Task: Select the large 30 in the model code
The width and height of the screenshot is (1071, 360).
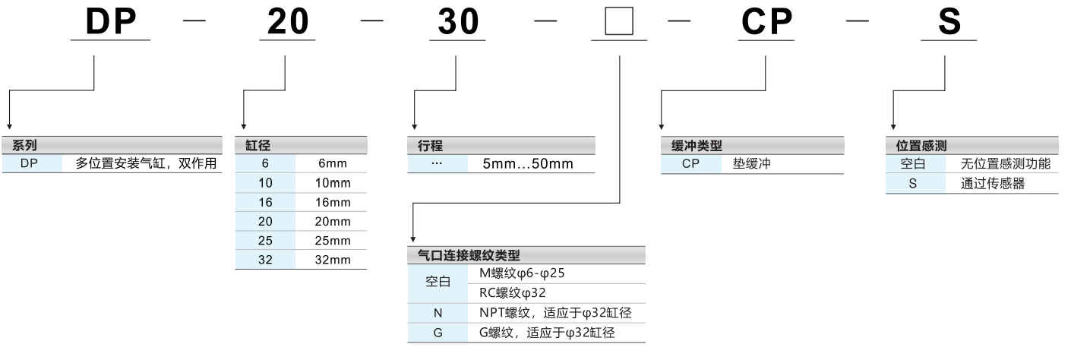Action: pos(460,22)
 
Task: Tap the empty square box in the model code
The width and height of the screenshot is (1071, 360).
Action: pos(620,22)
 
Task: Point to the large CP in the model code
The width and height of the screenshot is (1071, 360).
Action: pos(767,22)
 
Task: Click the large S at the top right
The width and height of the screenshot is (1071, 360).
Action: pos(949,22)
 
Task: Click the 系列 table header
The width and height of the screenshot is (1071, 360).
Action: pos(25,145)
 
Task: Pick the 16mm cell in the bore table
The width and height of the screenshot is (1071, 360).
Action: pos(333,202)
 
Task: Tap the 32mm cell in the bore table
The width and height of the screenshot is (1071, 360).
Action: pos(333,259)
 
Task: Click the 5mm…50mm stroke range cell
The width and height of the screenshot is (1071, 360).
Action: pos(528,164)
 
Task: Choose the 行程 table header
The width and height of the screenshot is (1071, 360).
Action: pos(430,145)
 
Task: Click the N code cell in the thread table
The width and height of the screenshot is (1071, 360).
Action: pos(438,313)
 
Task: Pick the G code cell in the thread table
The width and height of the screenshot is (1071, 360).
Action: pos(438,333)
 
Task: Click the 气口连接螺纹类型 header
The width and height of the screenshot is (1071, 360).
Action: pos(469,255)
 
